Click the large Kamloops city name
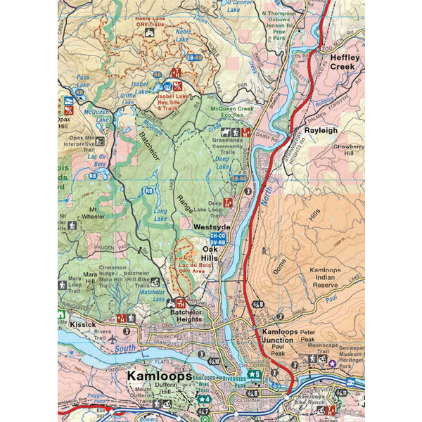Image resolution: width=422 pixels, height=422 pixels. [x=160, y=376]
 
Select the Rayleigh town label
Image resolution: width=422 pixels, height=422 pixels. [x=322, y=130]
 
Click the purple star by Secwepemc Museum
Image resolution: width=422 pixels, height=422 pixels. [x=333, y=363]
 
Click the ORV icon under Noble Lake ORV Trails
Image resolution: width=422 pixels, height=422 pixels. [x=149, y=32]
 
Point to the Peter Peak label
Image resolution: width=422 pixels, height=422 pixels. [x=307, y=331]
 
